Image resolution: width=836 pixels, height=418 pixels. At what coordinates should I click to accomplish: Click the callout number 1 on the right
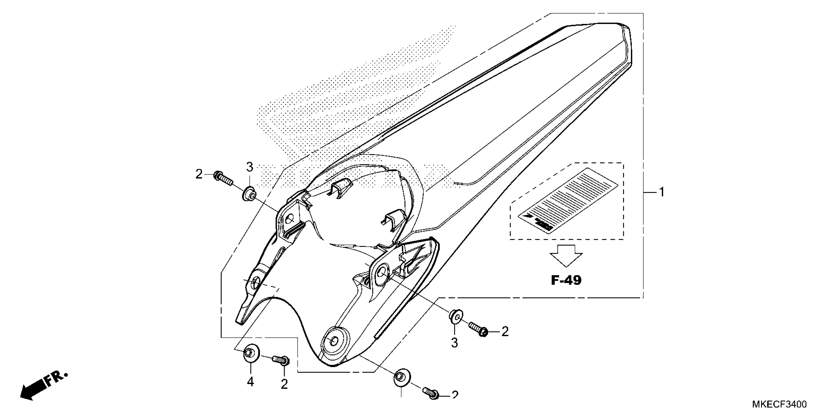pos(661,193)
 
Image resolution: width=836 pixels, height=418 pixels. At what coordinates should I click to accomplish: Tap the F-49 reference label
pos(566,280)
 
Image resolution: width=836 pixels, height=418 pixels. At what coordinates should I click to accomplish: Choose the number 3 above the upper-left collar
pos(249,167)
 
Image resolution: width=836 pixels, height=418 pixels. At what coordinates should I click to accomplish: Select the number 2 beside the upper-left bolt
pos(199,175)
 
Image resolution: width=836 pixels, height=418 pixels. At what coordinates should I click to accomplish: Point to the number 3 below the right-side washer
pos(454,343)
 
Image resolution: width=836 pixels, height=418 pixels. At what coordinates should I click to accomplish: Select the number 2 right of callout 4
pos(284,385)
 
